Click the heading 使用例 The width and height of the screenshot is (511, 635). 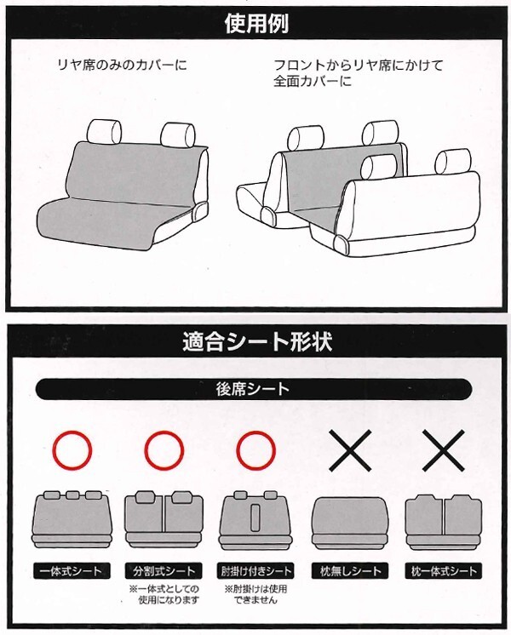[x=256, y=24]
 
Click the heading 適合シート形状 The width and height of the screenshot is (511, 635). [x=257, y=341]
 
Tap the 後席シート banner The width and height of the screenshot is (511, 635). [x=254, y=389]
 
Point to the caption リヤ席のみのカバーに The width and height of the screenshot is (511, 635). [x=123, y=65]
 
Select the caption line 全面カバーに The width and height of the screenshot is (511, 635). [x=313, y=82]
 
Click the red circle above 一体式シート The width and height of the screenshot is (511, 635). [x=72, y=450]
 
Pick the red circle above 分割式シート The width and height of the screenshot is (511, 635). [x=164, y=450]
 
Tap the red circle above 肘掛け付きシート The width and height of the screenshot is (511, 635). [x=255, y=450]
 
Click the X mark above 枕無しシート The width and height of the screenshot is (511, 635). [x=350, y=450]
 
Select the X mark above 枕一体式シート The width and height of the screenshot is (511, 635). [x=444, y=450]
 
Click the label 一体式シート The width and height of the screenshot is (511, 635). [x=72, y=571]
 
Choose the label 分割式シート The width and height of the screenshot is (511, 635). [x=164, y=571]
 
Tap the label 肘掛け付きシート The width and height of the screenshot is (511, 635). [x=255, y=571]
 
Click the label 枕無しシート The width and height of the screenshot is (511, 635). [x=350, y=571]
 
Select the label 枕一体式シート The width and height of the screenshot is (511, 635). [x=444, y=571]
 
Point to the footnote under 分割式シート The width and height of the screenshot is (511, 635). [x=164, y=594]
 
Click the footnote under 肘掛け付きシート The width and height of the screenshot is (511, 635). [x=256, y=594]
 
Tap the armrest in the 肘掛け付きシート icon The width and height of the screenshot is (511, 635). [x=255, y=518]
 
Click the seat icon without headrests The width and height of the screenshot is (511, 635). [x=350, y=523]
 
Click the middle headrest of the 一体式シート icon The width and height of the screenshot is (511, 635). [x=72, y=495]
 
